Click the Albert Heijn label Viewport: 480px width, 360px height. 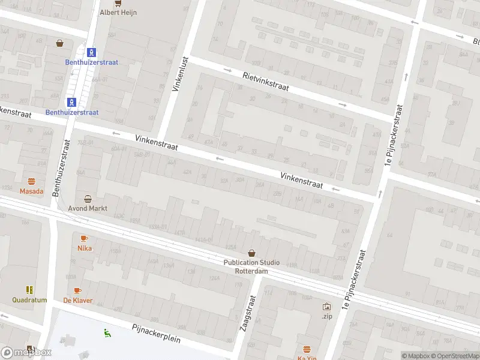point(118,12)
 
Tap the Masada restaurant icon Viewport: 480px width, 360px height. point(32,181)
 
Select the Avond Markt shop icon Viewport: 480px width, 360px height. point(88,199)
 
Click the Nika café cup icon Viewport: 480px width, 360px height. point(84,238)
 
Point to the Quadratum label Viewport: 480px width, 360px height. point(29,300)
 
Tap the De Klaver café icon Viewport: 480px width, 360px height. point(78,290)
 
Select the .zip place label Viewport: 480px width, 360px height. point(326,316)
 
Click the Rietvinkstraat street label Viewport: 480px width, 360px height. point(266,82)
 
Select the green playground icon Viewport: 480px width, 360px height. point(107,333)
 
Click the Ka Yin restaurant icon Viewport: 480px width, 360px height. point(307,349)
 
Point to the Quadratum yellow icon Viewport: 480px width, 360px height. point(29,290)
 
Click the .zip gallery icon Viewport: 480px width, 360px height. point(326,306)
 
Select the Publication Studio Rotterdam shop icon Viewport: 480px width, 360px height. point(251,253)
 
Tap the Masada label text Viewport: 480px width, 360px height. point(32,191)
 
